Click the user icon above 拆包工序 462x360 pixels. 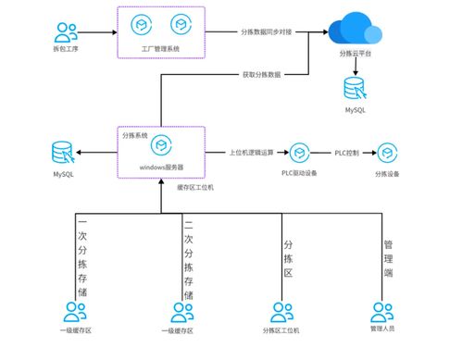tap(65, 32)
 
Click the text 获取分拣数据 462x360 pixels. tap(262, 73)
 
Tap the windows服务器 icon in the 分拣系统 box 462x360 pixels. tap(162, 146)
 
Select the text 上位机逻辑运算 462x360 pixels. tap(254, 151)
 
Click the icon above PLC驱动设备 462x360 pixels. tap(299, 152)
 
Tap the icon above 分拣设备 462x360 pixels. tap(388, 152)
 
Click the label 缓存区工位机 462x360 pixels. tap(195, 187)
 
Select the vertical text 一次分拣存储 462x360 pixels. tap(81, 254)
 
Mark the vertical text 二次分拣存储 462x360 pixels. tap(188, 254)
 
